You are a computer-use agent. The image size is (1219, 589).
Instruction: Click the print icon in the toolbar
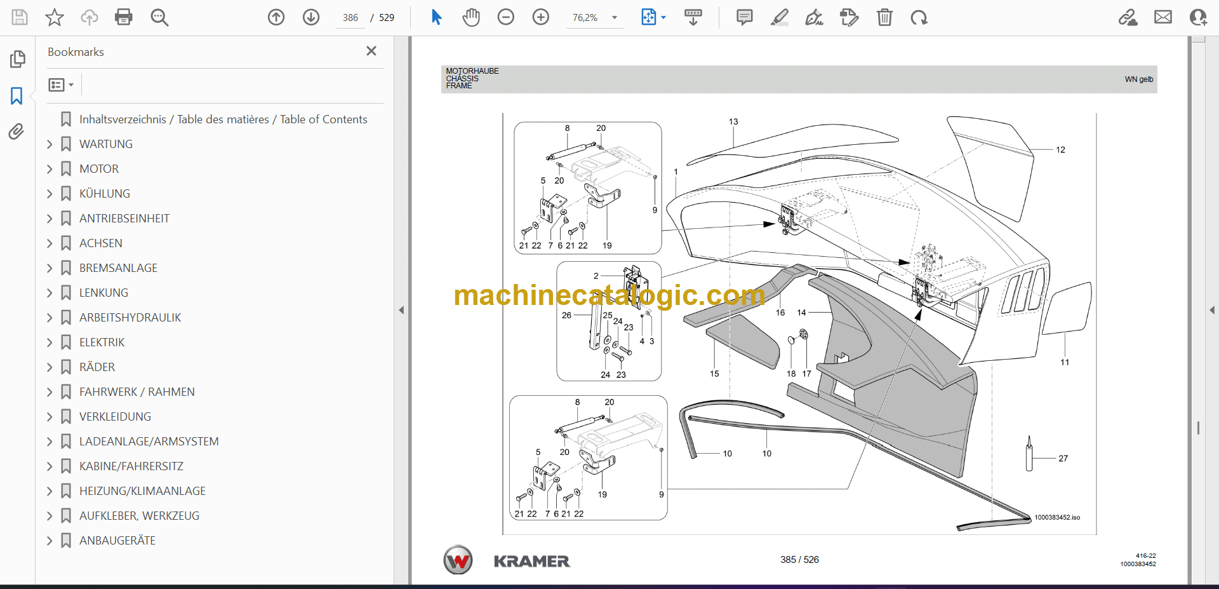pos(124,17)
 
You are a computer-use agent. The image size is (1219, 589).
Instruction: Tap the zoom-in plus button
pos(541,17)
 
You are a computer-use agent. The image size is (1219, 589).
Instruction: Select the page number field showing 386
pos(350,18)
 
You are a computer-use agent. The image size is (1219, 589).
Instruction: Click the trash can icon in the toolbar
pos(884,17)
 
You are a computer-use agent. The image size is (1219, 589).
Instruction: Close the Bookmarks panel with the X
pos(371,51)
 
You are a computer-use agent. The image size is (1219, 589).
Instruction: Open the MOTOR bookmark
pos(99,169)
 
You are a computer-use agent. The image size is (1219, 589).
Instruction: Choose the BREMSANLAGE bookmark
pos(118,268)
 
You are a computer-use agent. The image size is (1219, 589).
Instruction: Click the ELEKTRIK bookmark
pos(102,342)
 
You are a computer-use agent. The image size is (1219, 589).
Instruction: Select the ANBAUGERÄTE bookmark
pos(117,541)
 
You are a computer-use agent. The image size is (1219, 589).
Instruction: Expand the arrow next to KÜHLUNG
pos(50,194)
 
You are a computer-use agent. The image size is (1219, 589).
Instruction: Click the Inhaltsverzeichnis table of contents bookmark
pos(223,119)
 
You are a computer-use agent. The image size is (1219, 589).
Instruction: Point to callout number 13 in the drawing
pos(733,121)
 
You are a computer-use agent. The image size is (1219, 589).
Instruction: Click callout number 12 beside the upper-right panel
pos(1060,150)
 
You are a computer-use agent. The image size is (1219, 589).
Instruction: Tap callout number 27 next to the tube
pos(1063,458)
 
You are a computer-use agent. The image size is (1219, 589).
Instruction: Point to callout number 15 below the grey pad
pos(714,374)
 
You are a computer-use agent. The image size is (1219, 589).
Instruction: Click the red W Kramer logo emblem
pos(458,560)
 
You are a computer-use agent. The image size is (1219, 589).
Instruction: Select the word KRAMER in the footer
pos(532,561)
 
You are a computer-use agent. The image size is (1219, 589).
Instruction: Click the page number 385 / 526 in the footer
pos(799,560)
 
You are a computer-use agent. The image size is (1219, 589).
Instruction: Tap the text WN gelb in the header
pos(1139,79)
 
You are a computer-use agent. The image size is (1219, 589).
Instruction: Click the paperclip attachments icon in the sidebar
pos(17,132)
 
